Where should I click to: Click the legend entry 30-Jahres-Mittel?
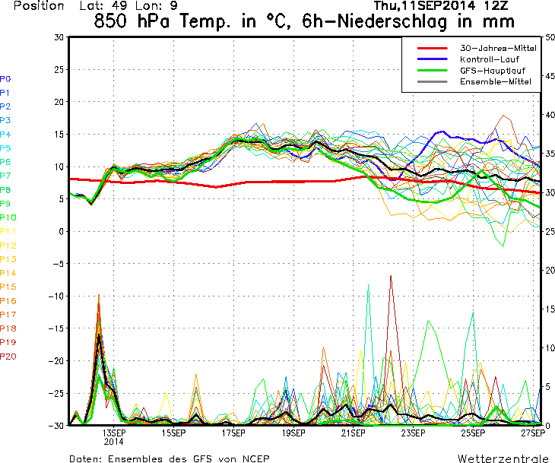(x=498, y=48)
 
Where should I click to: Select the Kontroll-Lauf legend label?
(x=489, y=59)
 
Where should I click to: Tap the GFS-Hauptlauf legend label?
(x=493, y=71)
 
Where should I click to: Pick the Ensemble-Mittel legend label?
(x=496, y=81)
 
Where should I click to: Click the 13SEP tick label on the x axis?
(x=114, y=433)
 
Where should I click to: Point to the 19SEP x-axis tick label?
(x=293, y=433)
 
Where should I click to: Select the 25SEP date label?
(x=473, y=433)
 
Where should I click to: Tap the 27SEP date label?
(x=533, y=433)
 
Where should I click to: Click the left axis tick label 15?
(x=59, y=134)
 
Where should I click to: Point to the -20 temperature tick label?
(x=56, y=360)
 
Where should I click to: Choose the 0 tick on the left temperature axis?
(x=62, y=231)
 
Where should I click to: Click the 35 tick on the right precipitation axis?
(x=550, y=154)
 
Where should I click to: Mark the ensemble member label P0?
(x=5, y=78)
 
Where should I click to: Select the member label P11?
(x=8, y=231)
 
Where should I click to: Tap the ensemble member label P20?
(x=8, y=356)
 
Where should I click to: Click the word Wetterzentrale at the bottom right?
(x=503, y=458)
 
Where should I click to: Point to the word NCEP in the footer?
(x=256, y=458)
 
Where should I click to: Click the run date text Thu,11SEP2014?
(x=419, y=5)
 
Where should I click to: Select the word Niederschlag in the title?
(x=392, y=21)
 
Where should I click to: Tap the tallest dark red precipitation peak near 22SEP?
(x=391, y=275)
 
